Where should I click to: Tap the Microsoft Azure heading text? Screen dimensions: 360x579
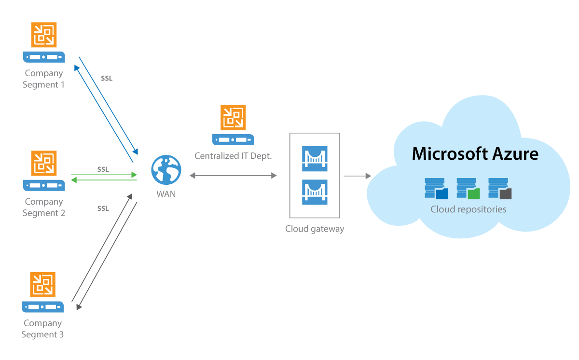475,154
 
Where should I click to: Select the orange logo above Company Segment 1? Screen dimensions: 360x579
44,35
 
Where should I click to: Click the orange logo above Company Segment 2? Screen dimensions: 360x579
44,163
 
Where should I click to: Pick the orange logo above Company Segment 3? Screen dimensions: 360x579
43,285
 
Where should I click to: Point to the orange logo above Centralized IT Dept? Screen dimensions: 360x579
233,117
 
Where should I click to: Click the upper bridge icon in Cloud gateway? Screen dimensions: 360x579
315,158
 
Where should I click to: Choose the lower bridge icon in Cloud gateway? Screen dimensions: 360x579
315,192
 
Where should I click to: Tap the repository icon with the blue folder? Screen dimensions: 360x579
436,189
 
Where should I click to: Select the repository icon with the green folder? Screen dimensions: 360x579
468,189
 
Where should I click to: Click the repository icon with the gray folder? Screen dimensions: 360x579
500,189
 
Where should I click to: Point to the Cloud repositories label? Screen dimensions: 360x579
469,209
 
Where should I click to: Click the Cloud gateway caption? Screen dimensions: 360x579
315,229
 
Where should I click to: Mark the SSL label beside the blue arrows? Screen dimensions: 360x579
107,78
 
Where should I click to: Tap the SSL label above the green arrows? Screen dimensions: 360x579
103,169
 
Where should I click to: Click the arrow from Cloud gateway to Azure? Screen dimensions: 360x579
357,176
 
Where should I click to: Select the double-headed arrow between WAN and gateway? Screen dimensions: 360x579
233,176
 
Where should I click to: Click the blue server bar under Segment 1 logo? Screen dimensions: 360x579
44,56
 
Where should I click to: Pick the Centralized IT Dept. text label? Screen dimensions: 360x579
233,156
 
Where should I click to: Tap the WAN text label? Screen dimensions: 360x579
166,194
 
